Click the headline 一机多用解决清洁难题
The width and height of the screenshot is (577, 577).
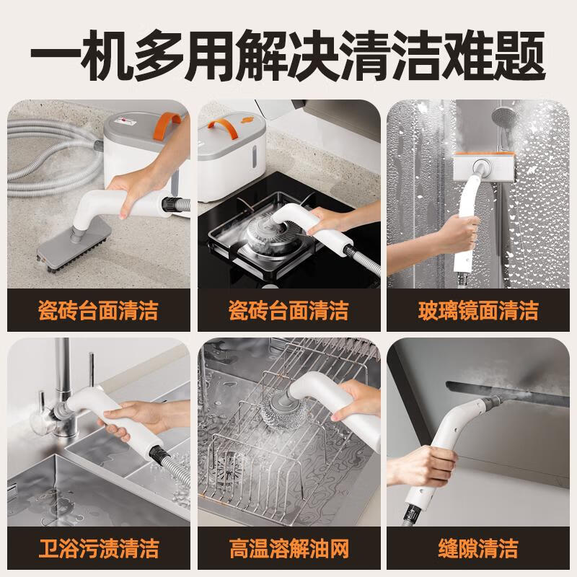coord(288,54)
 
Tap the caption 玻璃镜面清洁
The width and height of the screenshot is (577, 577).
coord(479,311)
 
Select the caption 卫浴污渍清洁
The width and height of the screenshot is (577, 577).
coord(97,549)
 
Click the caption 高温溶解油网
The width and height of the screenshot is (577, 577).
coord(288,549)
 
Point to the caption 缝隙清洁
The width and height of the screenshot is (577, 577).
coord(479,549)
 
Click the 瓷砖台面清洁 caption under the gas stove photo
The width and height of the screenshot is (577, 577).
coord(288,311)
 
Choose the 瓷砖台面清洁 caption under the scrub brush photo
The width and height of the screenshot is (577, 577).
coord(97,311)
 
